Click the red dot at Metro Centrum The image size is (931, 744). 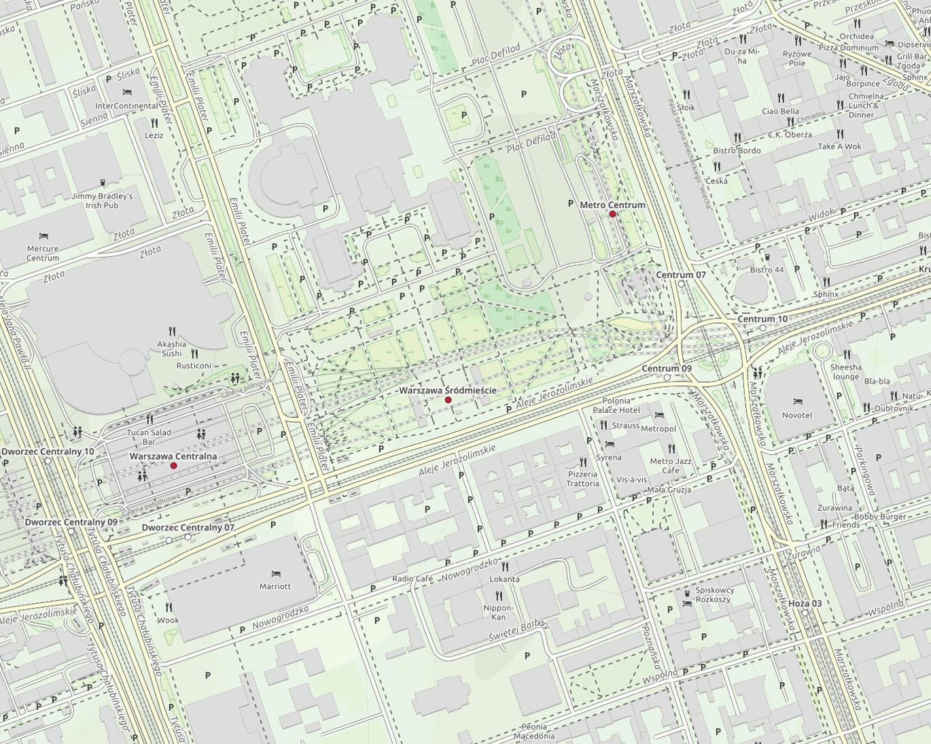(x=612, y=214)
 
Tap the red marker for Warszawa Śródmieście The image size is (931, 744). (x=448, y=400)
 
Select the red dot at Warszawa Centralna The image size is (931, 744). (x=173, y=466)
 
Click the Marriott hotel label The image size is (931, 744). (x=275, y=586)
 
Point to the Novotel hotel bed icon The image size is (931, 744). (x=797, y=402)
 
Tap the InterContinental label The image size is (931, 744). (x=126, y=106)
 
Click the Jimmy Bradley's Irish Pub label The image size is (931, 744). (x=102, y=201)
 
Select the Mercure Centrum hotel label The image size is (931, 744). (x=43, y=253)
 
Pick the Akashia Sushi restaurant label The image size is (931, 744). (x=171, y=348)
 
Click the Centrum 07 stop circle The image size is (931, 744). (x=682, y=284)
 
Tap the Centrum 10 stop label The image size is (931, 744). (x=762, y=319)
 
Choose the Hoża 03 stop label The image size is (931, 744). (x=805, y=604)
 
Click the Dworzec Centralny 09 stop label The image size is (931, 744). (x=71, y=522)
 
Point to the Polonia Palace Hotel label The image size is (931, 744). (x=616, y=405)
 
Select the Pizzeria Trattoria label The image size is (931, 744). (x=582, y=479)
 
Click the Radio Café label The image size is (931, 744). (x=412, y=579)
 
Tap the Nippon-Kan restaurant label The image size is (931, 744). (x=499, y=612)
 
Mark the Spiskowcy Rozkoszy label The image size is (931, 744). (x=713, y=594)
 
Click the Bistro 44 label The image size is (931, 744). (x=767, y=270)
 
